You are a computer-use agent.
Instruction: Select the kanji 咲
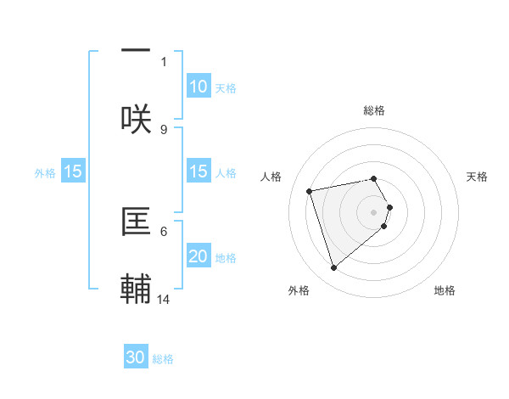pos(136,117)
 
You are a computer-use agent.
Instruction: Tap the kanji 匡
pos(136,220)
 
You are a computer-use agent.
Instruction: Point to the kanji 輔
pos(136,288)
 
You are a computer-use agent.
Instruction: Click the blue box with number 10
pos(199,87)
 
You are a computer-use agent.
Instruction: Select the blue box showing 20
pos(199,256)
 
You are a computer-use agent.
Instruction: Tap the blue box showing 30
pos(136,357)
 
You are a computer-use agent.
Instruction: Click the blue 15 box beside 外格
pos(73,171)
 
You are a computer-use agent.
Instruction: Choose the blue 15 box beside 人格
pos(199,171)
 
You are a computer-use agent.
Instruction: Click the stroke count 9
pos(164,129)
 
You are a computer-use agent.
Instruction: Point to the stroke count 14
pos(165,299)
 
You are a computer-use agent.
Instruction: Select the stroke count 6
pos(164,231)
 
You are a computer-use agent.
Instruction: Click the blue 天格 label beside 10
pos(226,88)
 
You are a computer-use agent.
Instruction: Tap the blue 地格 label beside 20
pos(226,258)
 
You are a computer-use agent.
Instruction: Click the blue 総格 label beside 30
pos(163,359)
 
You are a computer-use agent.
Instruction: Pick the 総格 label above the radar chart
pos(374,110)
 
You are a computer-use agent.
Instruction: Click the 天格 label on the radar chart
pos(477,177)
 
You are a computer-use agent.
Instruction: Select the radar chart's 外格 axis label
pos(299,290)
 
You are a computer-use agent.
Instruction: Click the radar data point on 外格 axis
pos(334,268)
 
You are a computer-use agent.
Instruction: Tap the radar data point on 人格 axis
pos(310,190)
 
